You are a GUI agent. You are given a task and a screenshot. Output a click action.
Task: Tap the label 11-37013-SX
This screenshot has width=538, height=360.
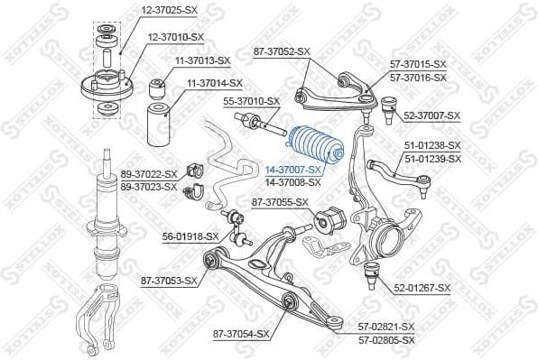click(202, 60)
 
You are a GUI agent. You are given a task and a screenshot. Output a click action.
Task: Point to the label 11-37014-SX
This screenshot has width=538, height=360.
click(215, 83)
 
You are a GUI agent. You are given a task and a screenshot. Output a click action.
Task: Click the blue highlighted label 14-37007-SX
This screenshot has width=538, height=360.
click(293, 170)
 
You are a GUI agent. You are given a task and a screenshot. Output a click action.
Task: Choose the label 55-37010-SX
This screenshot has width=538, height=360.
click(251, 101)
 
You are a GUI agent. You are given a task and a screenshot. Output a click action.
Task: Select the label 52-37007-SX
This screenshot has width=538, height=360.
click(431, 116)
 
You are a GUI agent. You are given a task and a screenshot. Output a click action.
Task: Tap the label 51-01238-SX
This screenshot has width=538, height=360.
click(431, 145)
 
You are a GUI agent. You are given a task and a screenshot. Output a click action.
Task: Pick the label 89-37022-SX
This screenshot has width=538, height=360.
click(148, 174)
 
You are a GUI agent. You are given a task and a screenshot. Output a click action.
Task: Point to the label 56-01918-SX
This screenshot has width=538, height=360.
click(190, 236)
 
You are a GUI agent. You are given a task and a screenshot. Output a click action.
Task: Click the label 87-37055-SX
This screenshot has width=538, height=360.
click(280, 202)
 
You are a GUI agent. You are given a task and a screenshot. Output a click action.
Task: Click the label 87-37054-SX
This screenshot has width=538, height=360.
click(241, 334)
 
